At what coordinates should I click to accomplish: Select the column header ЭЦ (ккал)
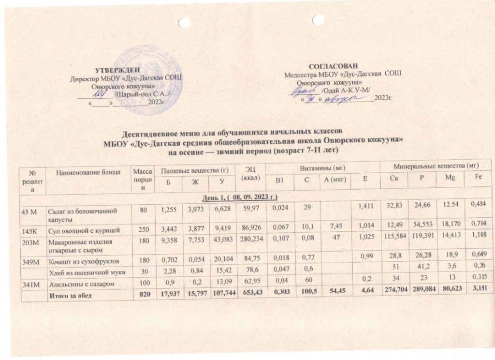[x=251, y=173]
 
